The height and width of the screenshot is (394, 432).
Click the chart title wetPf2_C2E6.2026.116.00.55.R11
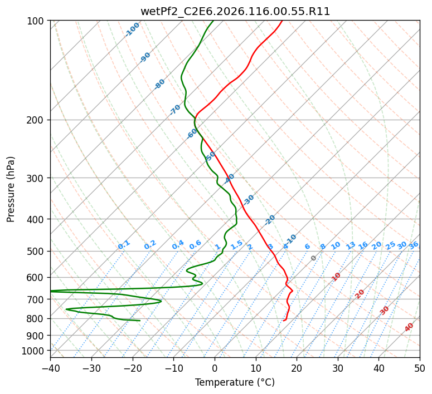(x=235, y=11)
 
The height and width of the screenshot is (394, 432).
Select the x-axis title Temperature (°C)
(x=235, y=383)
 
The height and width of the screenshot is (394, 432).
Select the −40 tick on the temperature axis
(x=50, y=368)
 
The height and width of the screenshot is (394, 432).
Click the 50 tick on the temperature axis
(x=420, y=368)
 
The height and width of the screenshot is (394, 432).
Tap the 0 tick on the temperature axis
(x=215, y=368)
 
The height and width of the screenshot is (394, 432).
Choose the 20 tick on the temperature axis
(x=297, y=368)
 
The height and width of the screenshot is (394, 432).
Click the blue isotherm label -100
(x=132, y=29)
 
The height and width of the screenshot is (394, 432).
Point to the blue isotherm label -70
(x=175, y=109)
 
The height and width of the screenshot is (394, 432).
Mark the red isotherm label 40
(x=409, y=327)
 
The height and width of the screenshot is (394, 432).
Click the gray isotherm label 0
(x=314, y=258)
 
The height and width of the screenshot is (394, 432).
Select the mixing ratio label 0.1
(x=124, y=245)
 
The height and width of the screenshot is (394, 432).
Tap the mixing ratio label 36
(x=414, y=245)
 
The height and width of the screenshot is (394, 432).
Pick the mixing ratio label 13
(x=351, y=245)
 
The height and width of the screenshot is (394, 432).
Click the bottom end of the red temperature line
(x=284, y=321)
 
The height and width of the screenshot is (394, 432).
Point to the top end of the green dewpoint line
(x=212, y=21)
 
